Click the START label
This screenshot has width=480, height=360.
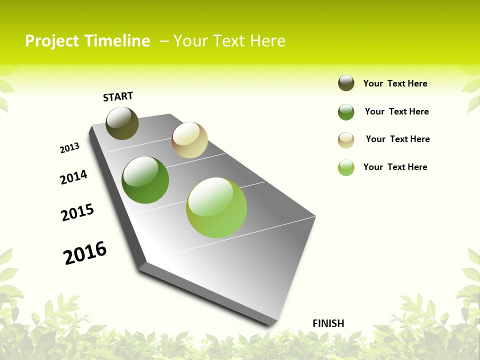click(x=118, y=96)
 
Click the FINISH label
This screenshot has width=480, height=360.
click(x=328, y=323)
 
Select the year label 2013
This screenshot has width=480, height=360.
click(x=69, y=148)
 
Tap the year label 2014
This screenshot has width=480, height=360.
click(x=73, y=177)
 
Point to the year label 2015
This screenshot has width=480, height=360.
click(x=77, y=212)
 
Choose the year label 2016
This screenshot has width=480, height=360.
click(x=85, y=253)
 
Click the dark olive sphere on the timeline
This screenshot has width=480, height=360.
click(x=122, y=123)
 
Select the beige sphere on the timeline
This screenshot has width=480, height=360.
click(x=189, y=140)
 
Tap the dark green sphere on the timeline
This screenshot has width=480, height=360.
click(x=145, y=180)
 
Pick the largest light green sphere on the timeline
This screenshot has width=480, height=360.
click(x=216, y=207)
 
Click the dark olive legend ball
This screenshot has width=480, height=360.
click(x=346, y=83)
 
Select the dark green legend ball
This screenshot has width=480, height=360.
click(x=346, y=112)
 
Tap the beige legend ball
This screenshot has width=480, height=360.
click(x=346, y=140)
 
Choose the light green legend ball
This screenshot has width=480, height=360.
click(x=346, y=167)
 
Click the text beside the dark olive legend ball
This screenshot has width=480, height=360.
click(x=395, y=83)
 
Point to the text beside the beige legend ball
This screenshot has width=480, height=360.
click(x=397, y=139)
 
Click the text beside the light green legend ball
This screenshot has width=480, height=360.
click(x=395, y=167)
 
